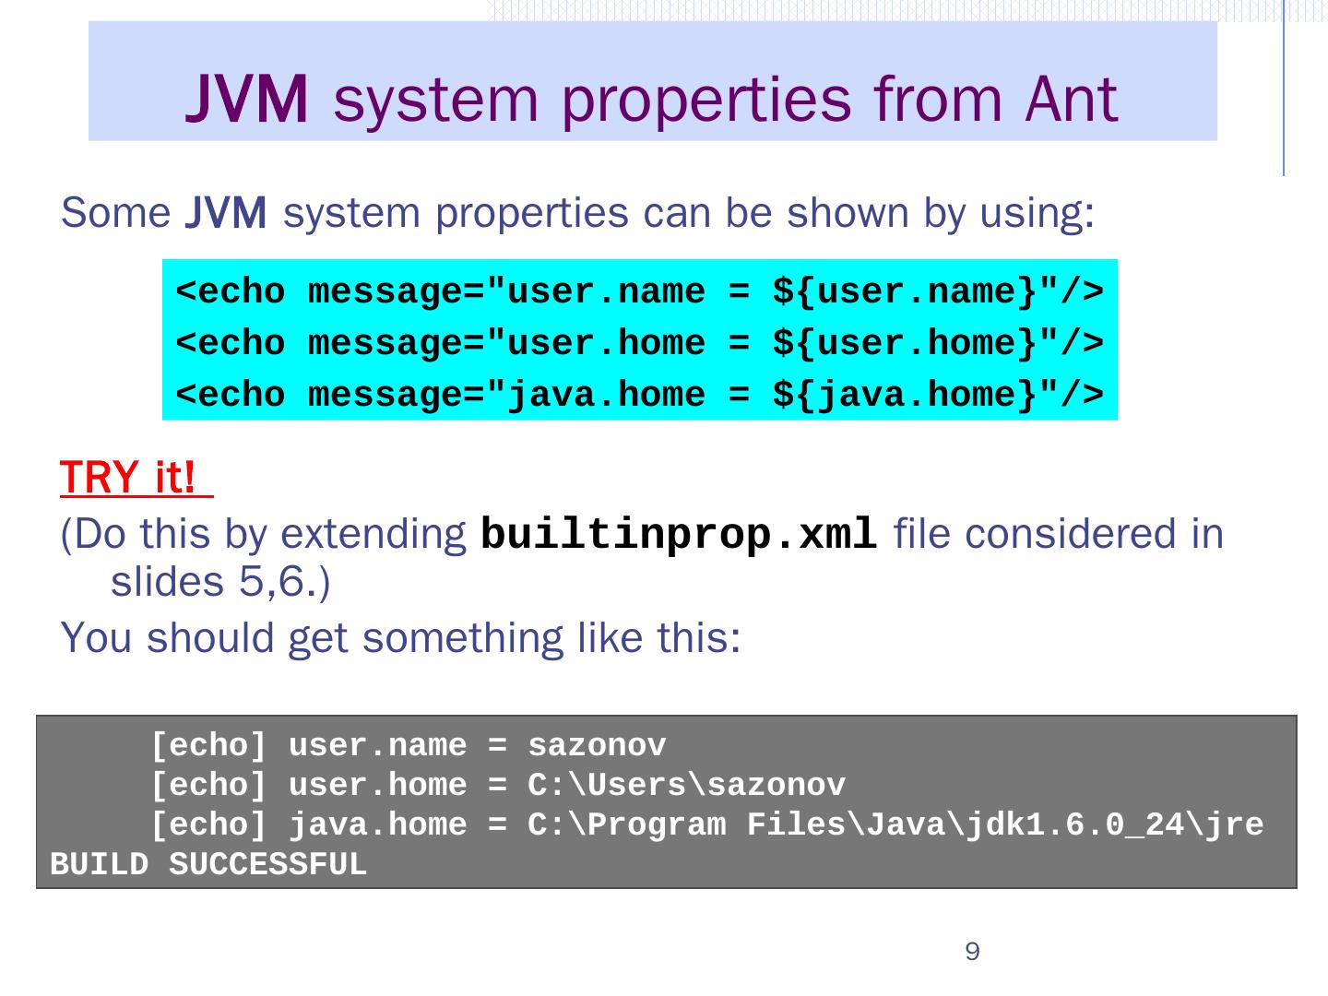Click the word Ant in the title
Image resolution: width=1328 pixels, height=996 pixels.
1071,99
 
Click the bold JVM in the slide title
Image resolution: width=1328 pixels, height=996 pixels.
247,100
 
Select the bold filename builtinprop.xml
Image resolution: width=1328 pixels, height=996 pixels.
679,534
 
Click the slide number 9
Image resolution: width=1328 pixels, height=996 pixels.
972,952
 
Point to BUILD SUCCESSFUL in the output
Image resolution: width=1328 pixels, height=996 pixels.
208,865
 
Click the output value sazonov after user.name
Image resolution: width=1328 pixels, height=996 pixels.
597,745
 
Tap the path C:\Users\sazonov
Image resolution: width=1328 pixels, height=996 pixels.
686,785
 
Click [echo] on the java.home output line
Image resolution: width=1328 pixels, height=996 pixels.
208,824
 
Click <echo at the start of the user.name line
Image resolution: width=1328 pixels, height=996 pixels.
231,292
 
